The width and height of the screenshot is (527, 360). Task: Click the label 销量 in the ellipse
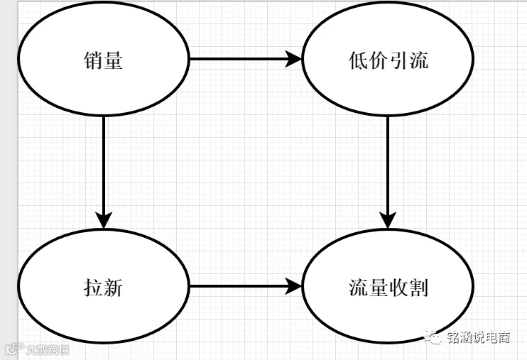pyautogui.click(x=103, y=60)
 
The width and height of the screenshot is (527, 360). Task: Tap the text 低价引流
pyautogui.click(x=389, y=60)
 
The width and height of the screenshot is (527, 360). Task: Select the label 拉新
pyautogui.click(x=103, y=288)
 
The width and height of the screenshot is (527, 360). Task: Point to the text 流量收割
pyautogui.click(x=389, y=288)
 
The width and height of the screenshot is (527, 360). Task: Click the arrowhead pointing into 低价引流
pyautogui.click(x=293, y=59)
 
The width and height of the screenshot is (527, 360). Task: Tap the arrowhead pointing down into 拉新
pyautogui.click(x=104, y=220)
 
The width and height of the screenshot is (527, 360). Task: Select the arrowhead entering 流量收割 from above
pyautogui.click(x=388, y=220)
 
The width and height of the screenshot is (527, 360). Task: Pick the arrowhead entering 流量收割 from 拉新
pyautogui.click(x=293, y=286)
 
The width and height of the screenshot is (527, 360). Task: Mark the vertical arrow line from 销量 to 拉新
pyautogui.click(x=104, y=173)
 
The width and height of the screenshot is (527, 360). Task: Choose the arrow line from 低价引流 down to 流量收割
pyautogui.click(x=388, y=173)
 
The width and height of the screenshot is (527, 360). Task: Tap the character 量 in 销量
pyautogui.click(x=113, y=60)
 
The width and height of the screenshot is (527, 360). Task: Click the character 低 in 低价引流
pyautogui.click(x=358, y=60)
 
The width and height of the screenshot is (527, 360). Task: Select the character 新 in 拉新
pyautogui.click(x=113, y=288)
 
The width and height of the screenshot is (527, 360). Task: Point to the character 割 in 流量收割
pyautogui.click(x=419, y=288)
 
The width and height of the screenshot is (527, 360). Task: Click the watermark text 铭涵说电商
pyautogui.click(x=479, y=337)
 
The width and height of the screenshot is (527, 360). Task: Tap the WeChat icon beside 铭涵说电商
pyautogui.click(x=433, y=337)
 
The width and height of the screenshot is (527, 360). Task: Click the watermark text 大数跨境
pyautogui.click(x=48, y=350)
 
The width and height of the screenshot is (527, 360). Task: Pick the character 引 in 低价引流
pyautogui.click(x=398, y=60)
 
